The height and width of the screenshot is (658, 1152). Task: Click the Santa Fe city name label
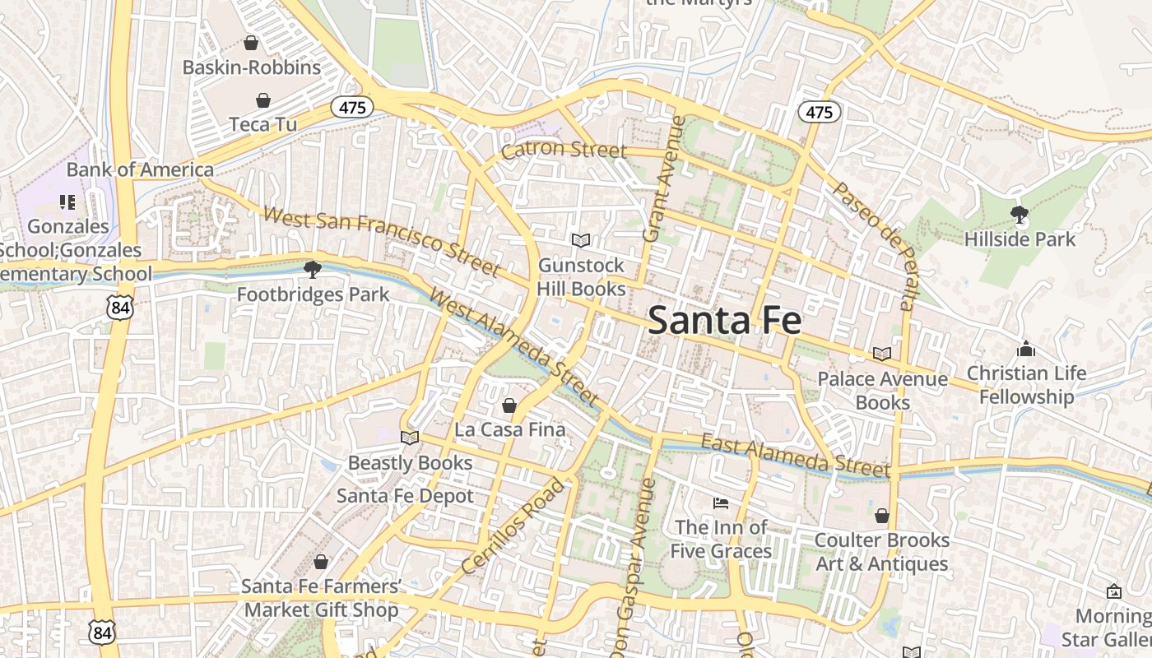724,320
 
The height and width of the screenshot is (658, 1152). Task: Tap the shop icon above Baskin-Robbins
251,43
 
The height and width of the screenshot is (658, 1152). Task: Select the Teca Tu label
262,124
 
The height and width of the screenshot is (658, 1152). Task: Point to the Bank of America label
140,169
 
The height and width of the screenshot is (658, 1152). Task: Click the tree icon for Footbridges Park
312,269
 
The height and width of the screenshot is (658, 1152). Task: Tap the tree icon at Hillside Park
1020,215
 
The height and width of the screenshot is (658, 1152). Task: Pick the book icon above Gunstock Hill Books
581,240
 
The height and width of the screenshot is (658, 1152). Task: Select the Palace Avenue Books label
882,391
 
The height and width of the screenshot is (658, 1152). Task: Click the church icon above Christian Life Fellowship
1025,349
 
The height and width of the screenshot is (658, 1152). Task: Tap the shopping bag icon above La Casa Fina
509,405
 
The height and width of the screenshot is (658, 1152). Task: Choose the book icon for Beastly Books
410,438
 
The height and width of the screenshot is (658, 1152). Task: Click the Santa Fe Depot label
405,496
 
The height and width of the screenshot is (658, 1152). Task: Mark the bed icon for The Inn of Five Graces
721,503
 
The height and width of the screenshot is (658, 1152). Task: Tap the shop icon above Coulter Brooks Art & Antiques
881,516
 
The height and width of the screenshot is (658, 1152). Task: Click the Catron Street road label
564,150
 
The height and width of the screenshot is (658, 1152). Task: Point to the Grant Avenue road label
663,178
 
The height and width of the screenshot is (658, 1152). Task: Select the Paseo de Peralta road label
873,246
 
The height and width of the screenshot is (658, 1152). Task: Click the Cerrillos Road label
514,526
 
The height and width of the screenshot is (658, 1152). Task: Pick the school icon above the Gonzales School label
67,202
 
